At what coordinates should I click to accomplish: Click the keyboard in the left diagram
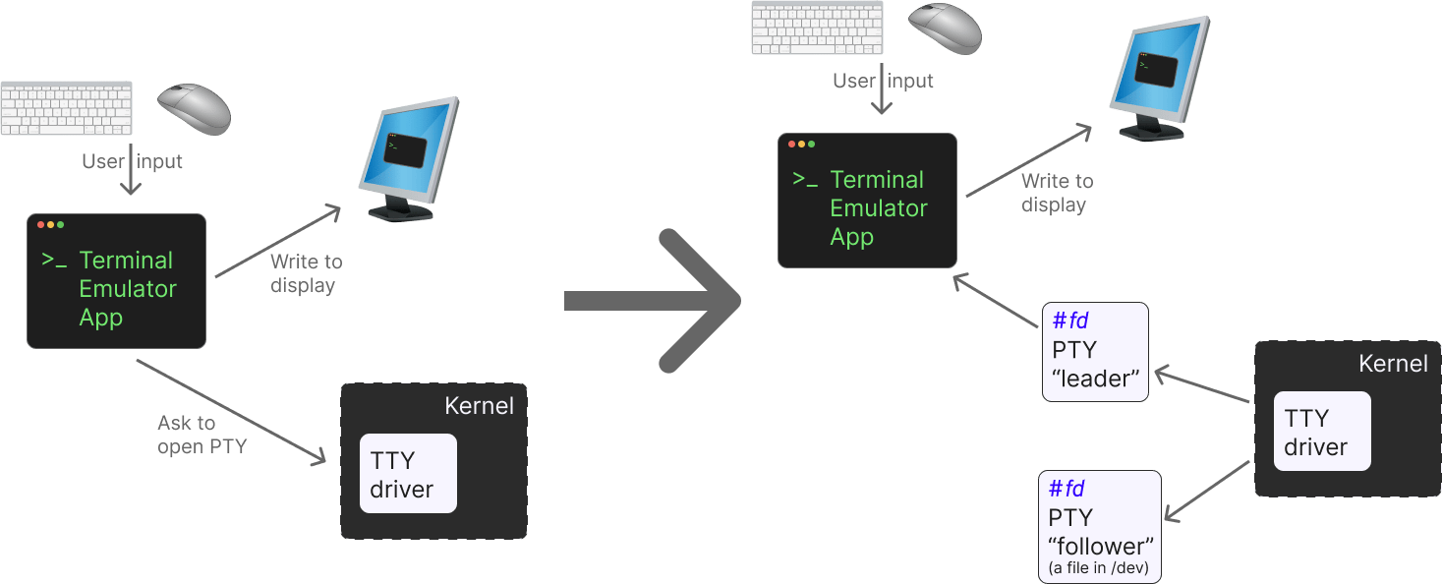click(x=66, y=108)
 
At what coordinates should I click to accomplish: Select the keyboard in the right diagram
click(x=817, y=28)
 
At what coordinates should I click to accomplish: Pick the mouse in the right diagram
click(x=945, y=28)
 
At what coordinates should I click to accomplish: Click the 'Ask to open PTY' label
click(x=202, y=435)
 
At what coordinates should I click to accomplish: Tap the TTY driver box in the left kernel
click(x=408, y=474)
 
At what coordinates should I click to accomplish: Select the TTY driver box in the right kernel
click(x=1322, y=432)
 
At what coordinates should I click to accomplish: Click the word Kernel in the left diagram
click(x=479, y=406)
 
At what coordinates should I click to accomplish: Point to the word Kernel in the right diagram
click(x=1393, y=364)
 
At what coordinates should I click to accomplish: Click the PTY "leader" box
click(x=1095, y=352)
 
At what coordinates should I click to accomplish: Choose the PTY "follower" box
click(x=1100, y=526)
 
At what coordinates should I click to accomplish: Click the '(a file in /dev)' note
click(x=1100, y=568)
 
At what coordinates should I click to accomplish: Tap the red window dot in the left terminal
click(x=41, y=225)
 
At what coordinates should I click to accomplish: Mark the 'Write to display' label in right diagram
click(x=1056, y=193)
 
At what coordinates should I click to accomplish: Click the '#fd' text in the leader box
click(x=1069, y=321)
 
